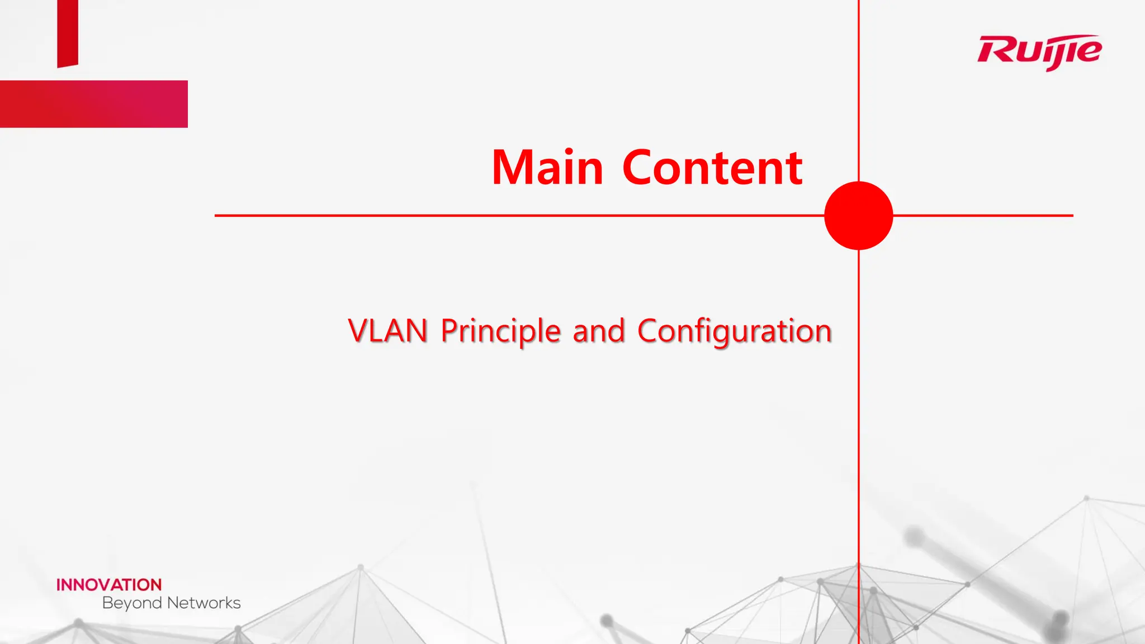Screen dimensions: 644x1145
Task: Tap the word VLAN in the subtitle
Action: (x=387, y=330)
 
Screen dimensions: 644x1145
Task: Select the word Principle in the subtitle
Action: (x=500, y=330)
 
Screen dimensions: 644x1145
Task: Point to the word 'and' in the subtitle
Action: (x=598, y=330)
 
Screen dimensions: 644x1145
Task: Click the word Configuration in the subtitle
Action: (x=734, y=330)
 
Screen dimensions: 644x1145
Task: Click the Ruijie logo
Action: (x=1039, y=51)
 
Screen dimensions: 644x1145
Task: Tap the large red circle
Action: (x=858, y=215)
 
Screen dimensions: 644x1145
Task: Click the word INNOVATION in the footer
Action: (x=109, y=585)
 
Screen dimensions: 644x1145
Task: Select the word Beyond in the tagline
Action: (x=132, y=603)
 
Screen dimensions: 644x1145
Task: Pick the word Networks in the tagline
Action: (x=204, y=603)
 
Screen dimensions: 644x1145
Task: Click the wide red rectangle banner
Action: (x=94, y=104)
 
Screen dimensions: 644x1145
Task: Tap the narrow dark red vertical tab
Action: (x=68, y=32)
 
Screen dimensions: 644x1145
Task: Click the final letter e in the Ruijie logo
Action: (x=1089, y=51)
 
